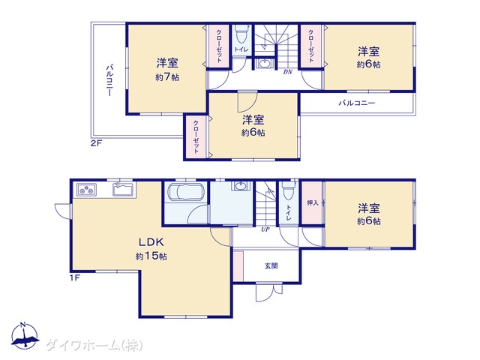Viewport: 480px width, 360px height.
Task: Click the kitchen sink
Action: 122,189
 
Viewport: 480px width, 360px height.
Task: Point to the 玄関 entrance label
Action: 271,265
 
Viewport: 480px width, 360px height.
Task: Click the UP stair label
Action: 265,229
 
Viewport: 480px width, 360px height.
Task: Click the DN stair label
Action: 287,72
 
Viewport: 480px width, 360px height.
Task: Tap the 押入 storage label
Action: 313,202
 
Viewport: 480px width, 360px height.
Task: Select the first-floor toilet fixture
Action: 289,193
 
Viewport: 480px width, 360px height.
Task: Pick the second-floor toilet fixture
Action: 241,36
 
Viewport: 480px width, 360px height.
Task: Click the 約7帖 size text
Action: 167,76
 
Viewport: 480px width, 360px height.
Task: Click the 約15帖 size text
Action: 151,256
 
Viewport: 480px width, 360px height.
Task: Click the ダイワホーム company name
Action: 94,345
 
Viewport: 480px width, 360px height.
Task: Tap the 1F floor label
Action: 75,279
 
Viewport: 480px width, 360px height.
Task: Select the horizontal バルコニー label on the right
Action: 356,103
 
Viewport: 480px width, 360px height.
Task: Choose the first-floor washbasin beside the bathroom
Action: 240,187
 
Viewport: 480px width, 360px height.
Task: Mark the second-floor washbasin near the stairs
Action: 265,64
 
